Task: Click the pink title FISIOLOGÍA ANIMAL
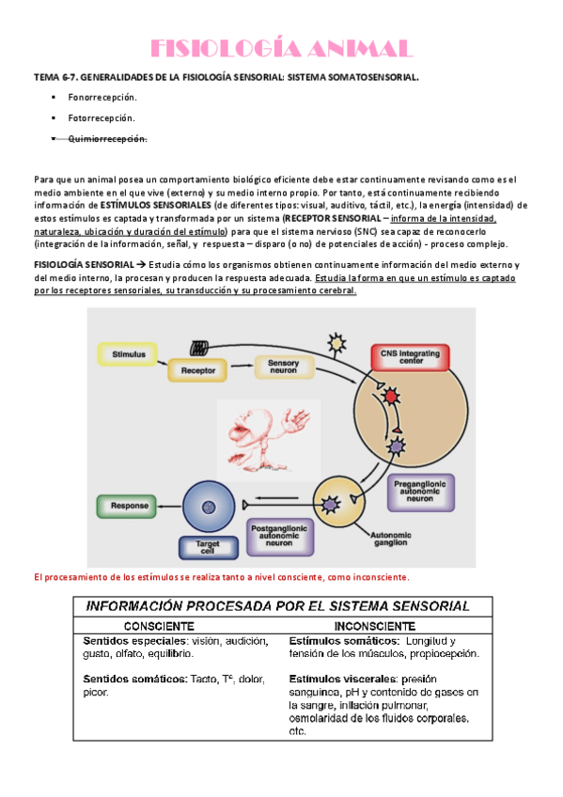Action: (x=282, y=49)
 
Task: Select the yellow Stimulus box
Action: (x=128, y=354)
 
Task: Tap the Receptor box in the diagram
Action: (x=197, y=370)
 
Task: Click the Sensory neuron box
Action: (x=284, y=367)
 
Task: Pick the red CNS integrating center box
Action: (x=411, y=357)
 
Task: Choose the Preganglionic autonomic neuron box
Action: (x=420, y=492)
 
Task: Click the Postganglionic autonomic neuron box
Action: (x=279, y=536)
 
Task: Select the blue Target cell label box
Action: (x=208, y=547)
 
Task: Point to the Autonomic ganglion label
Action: (x=391, y=539)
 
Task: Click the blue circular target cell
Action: (x=209, y=507)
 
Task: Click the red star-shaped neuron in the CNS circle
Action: (x=390, y=396)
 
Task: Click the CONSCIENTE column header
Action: (x=159, y=626)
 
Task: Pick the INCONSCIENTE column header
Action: (x=374, y=626)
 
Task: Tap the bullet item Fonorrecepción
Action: (x=102, y=97)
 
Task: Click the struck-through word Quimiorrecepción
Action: (x=108, y=139)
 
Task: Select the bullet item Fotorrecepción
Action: (x=102, y=117)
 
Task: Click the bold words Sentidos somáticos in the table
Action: (x=135, y=680)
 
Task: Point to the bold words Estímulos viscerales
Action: (x=342, y=680)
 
